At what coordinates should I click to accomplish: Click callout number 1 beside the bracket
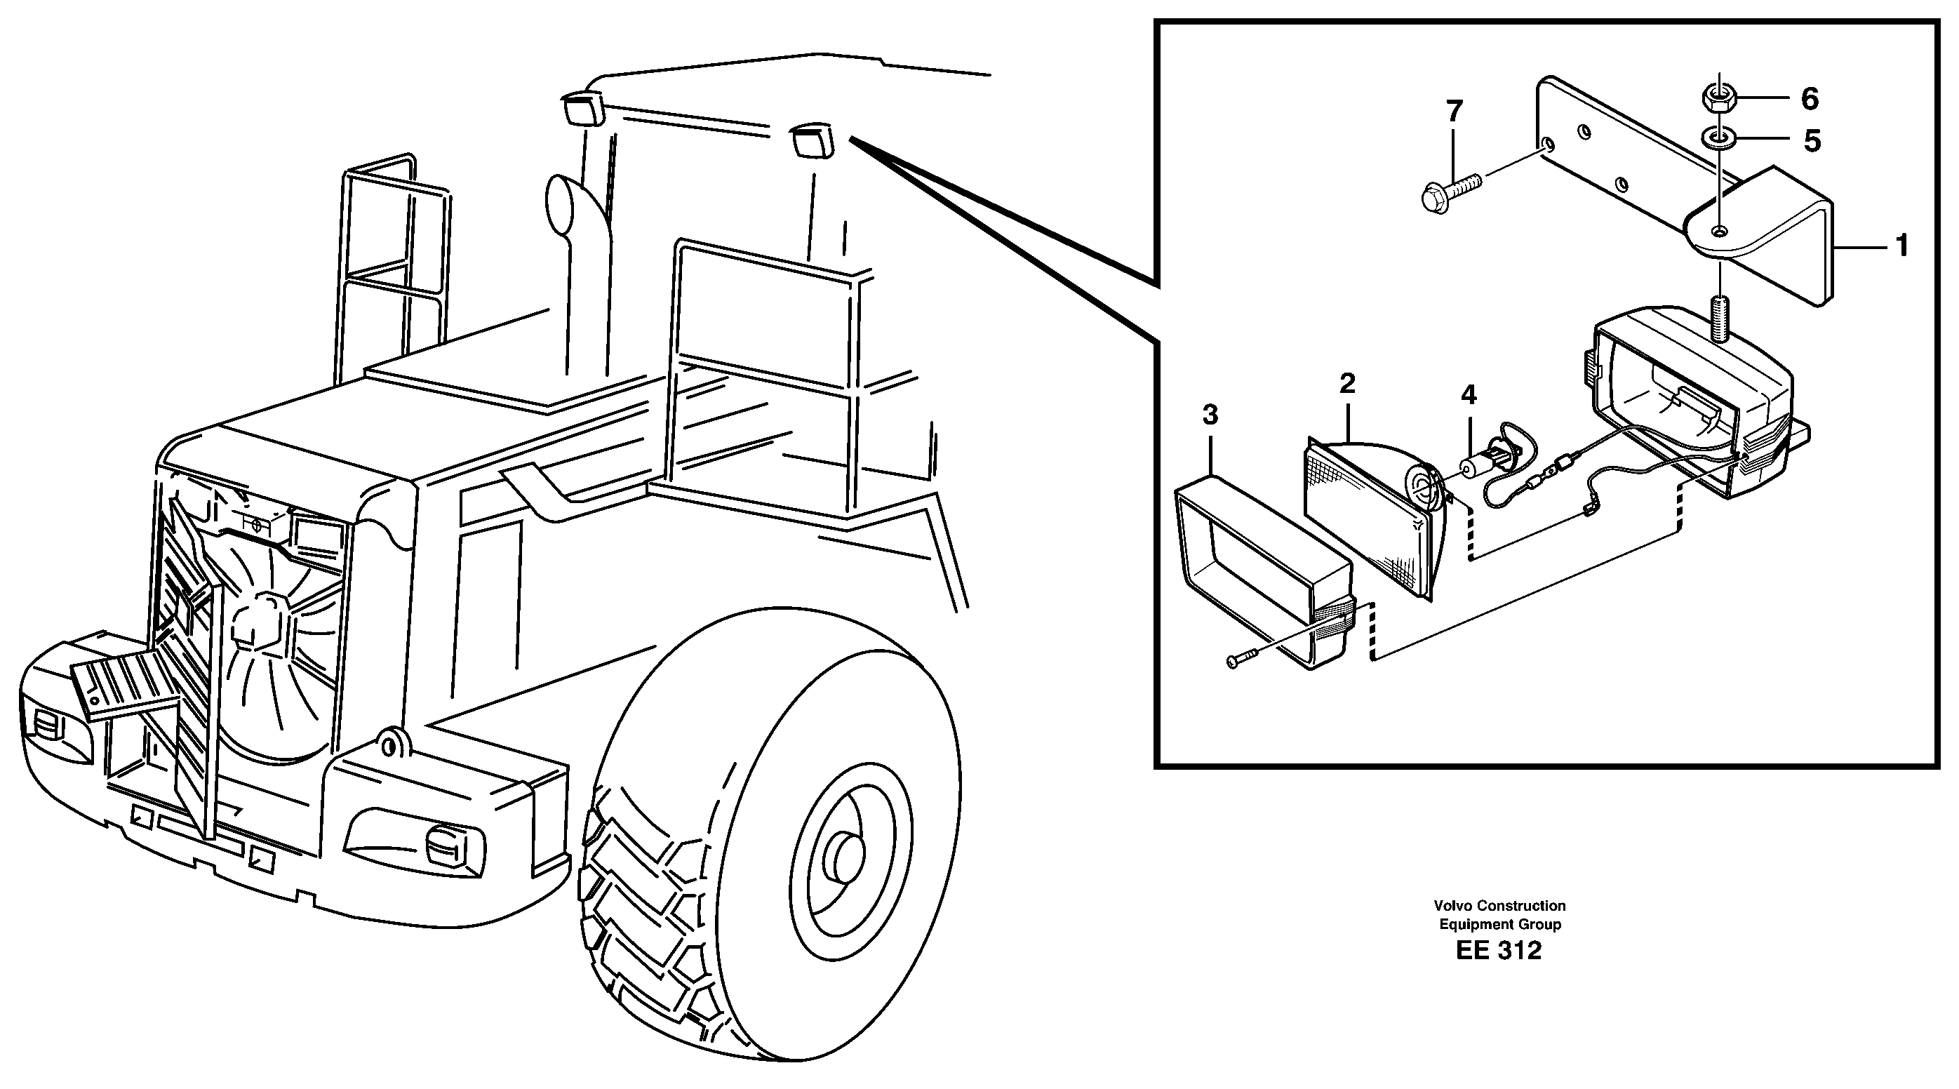click(x=1901, y=246)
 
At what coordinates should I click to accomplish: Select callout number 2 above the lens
click(x=1348, y=383)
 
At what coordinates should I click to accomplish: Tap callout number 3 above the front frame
click(x=1210, y=415)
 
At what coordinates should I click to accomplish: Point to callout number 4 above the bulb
click(x=1469, y=394)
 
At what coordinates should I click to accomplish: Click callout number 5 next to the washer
click(x=1812, y=142)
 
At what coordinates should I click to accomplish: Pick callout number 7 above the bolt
click(x=1453, y=112)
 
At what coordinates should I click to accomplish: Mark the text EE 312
click(x=1498, y=951)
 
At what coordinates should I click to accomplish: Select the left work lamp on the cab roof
click(x=582, y=108)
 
